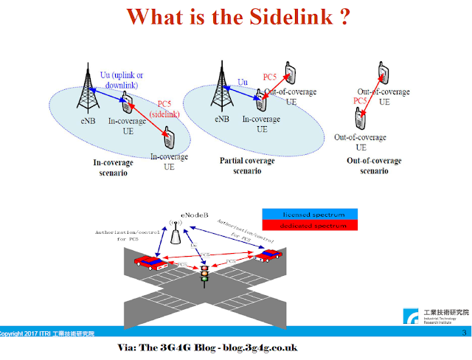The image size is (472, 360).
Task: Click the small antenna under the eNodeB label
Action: pyautogui.click(x=176, y=235)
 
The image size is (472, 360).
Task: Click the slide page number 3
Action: pyautogui.click(x=463, y=333)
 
